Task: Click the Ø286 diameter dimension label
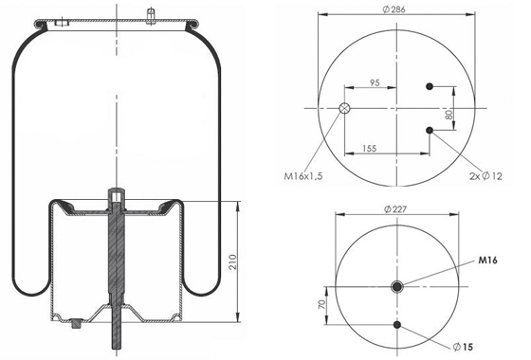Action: pyautogui.click(x=394, y=9)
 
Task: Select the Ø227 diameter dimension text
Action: pyautogui.click(x=395, y=209)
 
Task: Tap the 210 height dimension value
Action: pyautogui.click(x=233, y=261)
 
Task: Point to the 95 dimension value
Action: pyautogui.click(x=375, y=82)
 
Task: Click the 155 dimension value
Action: pyautogui.click(x=369, y=149)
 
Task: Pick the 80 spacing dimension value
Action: pyautogui.click(x=449, y=115)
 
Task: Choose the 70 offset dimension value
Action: pyautogui.click(x=322, y=304)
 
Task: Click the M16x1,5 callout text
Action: pyautogui.click(x=303, y=176)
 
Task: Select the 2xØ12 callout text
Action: pyautogui.click(x=485, y=176)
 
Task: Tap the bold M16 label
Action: pyautogui.click(x=487, y=261)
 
